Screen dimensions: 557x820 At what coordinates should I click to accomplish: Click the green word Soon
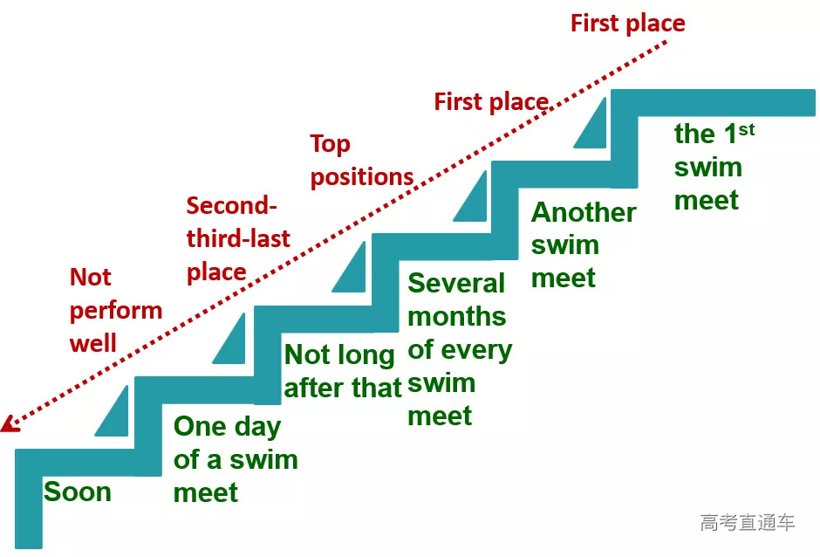coord(78,492)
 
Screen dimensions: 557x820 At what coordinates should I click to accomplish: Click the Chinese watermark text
coord(747,523)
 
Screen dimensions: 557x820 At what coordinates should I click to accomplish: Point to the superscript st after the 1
coord(746,129)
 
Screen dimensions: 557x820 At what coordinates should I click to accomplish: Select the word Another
coord(584,212)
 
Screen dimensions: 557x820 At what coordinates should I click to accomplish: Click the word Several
coord(456,283)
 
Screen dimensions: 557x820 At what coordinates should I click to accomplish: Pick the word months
coord(456,316)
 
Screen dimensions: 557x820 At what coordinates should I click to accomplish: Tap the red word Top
coord(330,144)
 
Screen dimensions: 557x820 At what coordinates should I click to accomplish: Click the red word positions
coord(362,176)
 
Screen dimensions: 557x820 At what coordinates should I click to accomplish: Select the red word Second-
coord(231,206)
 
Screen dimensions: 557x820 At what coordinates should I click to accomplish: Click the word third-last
coord(238,238)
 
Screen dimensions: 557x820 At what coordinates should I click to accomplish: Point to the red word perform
coord(116,310)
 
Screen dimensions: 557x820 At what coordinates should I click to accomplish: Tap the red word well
coord(93,342)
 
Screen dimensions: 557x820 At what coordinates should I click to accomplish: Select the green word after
coord(316,388)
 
